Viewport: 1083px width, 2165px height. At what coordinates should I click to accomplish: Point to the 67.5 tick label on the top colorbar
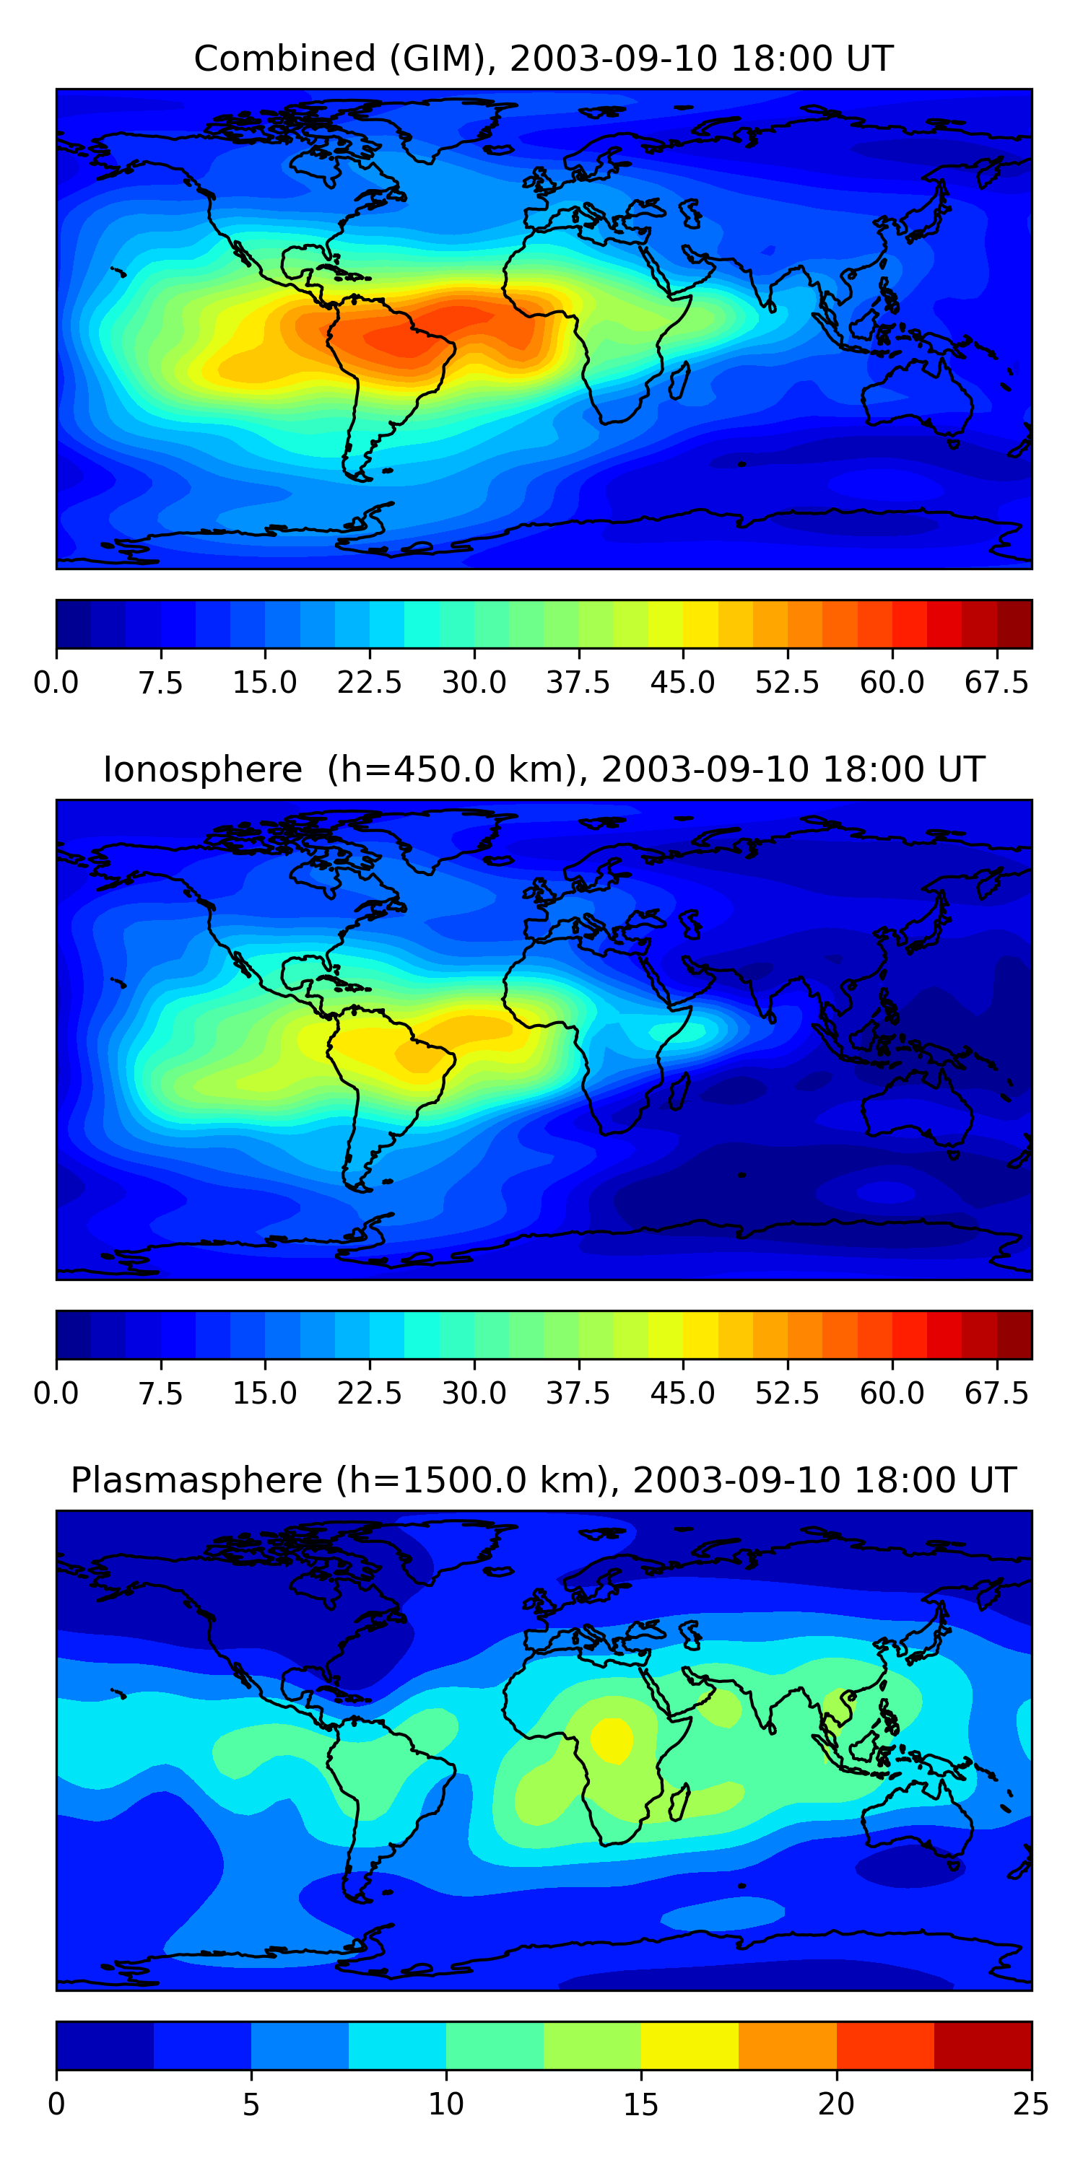click(996, 683)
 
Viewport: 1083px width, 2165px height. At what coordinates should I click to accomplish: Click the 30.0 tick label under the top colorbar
click(474, 683)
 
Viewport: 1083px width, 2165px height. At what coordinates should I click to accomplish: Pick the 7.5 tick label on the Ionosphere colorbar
click(160, 1394)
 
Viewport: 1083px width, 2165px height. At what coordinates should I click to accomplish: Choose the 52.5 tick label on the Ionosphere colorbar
click(787, 1394)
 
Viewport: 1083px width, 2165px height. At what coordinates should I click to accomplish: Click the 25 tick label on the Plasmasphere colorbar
click(1031, 2104)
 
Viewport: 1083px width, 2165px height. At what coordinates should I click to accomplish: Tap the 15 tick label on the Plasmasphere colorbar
click(640, 2104)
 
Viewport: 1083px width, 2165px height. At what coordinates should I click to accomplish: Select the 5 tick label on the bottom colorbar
click(251, 2104)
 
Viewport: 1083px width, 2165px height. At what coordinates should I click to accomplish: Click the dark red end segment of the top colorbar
click(1014, 624)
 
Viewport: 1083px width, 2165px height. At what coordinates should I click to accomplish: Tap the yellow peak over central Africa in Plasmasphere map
click(612, 1738)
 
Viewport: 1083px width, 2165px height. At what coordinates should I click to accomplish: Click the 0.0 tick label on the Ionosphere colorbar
click(56, 1394)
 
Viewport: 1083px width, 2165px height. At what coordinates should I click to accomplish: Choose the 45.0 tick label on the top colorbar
click(683, 683)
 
